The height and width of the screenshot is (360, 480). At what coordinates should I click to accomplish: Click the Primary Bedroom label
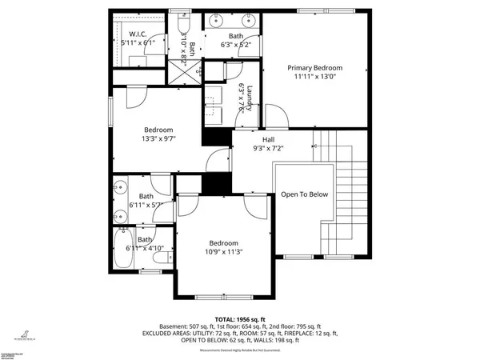315,68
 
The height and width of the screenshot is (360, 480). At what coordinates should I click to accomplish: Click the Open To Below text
304,194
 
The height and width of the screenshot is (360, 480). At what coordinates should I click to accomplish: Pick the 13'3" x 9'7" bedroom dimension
159,138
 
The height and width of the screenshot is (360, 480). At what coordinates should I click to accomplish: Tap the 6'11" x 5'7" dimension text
146,206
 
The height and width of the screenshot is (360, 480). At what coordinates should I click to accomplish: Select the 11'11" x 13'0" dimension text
315,78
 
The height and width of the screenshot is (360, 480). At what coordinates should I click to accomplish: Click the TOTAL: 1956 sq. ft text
240,319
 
